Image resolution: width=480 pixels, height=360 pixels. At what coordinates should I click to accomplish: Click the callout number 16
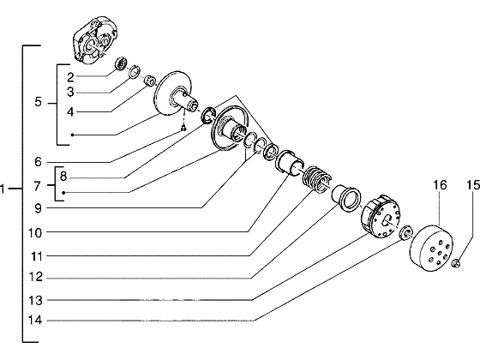(440, 185)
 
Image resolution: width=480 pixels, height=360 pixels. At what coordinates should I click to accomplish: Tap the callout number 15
(473, 185)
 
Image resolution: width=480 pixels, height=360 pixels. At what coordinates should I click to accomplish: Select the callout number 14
(35, 321)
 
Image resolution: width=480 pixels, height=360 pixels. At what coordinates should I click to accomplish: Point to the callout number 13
(35, 300)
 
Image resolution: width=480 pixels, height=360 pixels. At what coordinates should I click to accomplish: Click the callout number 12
(35, 277)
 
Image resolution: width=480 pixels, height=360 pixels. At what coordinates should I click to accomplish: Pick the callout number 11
(36, 256)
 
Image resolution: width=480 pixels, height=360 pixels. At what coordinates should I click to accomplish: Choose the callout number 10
(35, 233)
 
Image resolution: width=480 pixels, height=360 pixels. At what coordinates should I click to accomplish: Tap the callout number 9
(38, 209)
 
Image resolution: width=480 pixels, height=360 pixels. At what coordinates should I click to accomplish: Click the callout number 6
(38, 162)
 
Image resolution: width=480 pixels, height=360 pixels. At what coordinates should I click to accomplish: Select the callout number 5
(38, 102)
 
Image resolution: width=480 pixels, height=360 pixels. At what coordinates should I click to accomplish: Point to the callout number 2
(70, 77)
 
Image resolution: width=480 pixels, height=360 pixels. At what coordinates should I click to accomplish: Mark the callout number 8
(63, 177)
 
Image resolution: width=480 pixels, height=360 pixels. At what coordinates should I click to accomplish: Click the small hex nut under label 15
(456, 263)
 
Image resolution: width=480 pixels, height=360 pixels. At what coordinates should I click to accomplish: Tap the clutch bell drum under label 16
(431, 248)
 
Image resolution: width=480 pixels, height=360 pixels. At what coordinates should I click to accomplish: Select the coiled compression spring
(316, 180)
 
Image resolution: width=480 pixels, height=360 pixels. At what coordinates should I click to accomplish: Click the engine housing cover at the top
(95, 39)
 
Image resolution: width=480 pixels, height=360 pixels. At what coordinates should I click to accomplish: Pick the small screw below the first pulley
(183, 129)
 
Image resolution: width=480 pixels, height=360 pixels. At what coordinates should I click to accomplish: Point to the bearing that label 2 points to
(121, 63)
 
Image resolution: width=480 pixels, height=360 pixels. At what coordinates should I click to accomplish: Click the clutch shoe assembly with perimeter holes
(381, 216)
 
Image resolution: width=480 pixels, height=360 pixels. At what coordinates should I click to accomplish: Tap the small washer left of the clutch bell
(406, 233)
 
